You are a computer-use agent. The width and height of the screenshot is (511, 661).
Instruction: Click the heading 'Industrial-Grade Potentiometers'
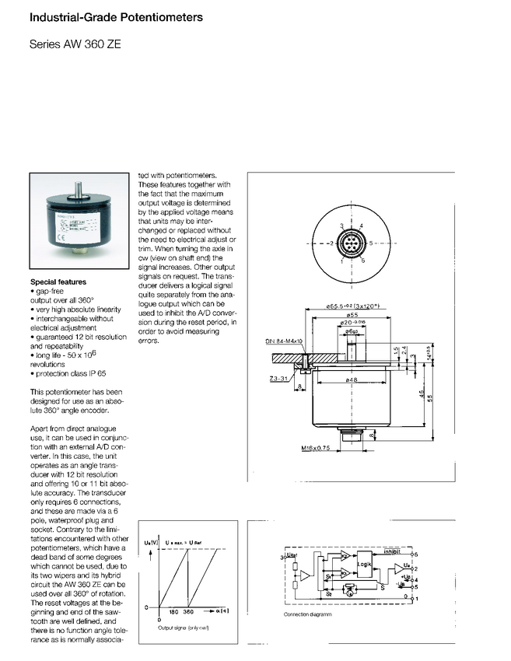(x=116, y=16)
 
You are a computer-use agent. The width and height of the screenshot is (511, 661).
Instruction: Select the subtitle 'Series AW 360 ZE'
(x=75, y=46)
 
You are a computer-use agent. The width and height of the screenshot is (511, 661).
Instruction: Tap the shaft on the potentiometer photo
(x=79, y=190)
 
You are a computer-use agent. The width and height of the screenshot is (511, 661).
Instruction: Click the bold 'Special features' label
(x=58, y=282)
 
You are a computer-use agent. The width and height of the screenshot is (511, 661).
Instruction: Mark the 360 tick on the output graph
(x=187, y=612)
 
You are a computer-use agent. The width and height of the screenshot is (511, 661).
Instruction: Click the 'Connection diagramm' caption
(x=307, y=614)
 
